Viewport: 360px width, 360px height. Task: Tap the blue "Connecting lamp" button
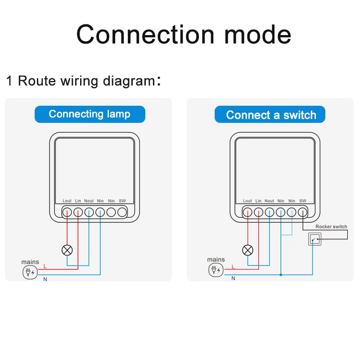(90, 114)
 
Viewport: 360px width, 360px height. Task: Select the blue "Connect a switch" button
(271, 115)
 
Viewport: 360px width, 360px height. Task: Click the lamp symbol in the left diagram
(67, 250)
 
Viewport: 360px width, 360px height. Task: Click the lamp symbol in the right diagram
(247, 250)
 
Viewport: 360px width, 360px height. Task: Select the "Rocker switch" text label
(331, 227)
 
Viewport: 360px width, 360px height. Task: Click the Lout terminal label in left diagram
(67, 201)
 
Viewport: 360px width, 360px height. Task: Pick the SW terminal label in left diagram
(122, 201)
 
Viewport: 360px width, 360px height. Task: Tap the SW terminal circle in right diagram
(303, 211)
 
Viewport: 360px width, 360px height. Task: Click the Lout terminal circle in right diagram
(247, 211)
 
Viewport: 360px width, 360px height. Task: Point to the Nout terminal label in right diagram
(269, 201)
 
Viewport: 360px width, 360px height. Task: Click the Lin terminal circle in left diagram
(78, 211)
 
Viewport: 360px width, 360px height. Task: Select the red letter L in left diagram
(45, 266)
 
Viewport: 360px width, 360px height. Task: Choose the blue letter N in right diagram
(233, 279)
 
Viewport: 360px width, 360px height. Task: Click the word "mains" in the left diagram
(30, 262)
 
